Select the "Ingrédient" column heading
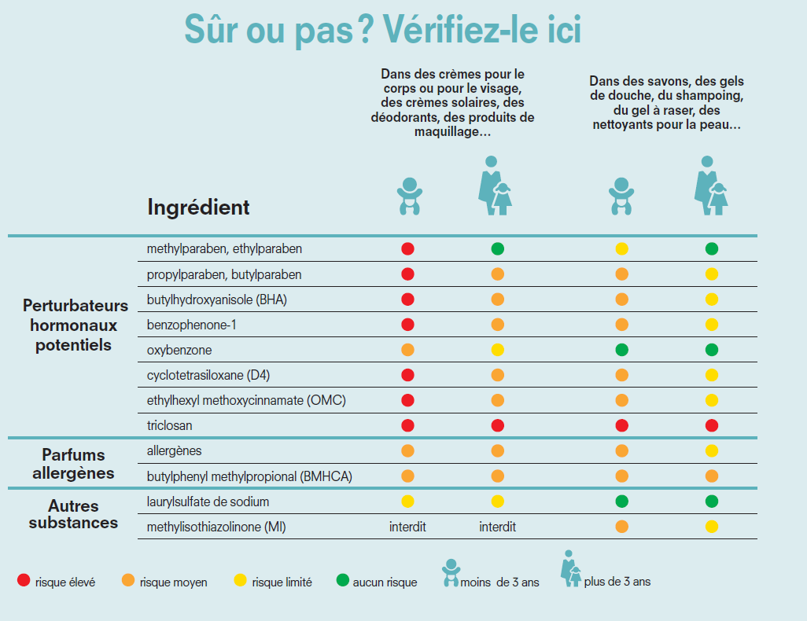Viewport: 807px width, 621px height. coord(198,207)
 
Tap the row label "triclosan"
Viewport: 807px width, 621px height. coord(170,425)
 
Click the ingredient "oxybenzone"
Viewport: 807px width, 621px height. coord(179,350)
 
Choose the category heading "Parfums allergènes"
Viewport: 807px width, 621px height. coord(73,464)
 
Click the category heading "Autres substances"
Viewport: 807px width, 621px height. coord(73,513)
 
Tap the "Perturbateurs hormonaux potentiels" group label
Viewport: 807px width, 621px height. coord(75,325)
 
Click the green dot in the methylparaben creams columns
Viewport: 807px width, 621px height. coord(498,249)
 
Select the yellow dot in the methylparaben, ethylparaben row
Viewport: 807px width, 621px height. coord(621,249)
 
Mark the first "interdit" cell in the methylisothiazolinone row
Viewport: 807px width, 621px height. coord(407,527)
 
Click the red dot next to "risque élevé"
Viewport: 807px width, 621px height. coord(24,582)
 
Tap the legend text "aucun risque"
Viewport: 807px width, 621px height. coord(385,582)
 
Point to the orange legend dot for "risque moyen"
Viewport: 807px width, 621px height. coord(127,582)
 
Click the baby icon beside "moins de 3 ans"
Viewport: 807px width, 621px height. coord(451,573)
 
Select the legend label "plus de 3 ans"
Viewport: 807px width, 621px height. coord(617,582)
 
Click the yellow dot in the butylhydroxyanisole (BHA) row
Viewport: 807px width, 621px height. coord(712,299)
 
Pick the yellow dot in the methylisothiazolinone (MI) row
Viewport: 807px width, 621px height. coord(712,527)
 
